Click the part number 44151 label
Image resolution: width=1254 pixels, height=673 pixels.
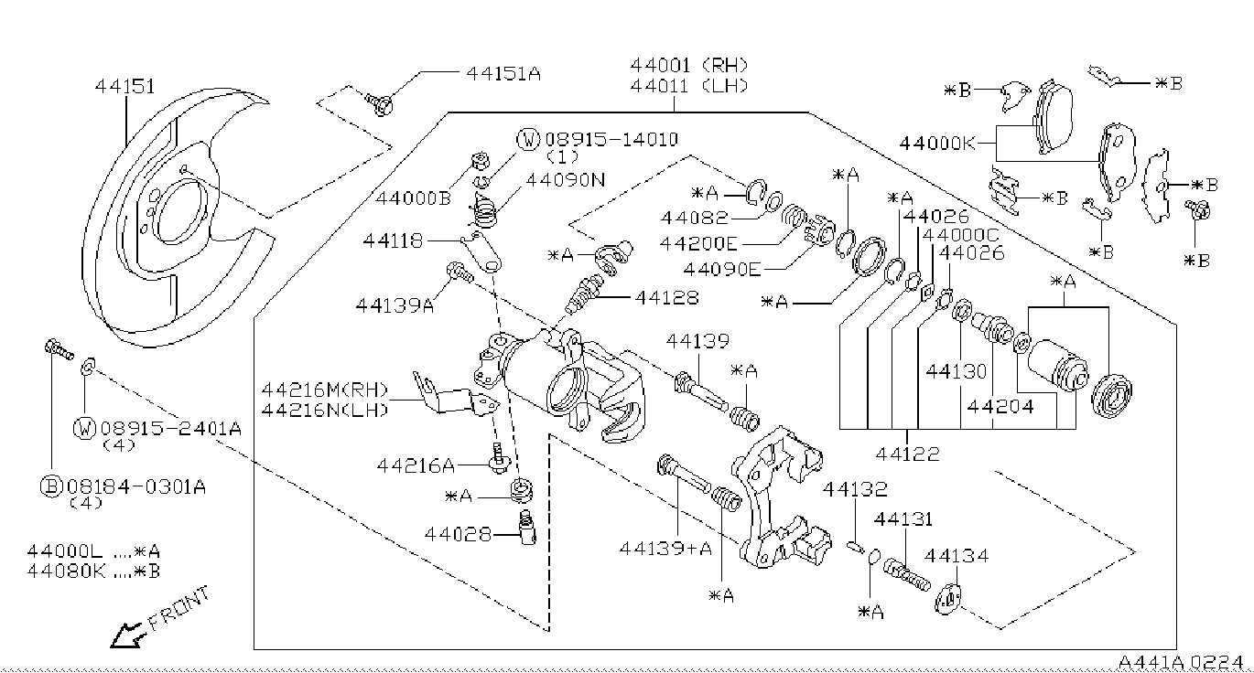coord(124,86)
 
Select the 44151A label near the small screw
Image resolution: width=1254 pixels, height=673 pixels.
coord(503,73)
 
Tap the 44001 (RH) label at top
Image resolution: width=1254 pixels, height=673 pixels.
coord(689,66)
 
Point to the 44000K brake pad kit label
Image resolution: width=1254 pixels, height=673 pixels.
coord(937,144)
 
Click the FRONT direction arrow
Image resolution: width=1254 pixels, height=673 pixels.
coord(127,635)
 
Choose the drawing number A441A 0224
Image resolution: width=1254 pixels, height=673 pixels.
coord(1180,662)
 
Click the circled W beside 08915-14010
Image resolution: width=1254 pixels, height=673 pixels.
coord(528,139)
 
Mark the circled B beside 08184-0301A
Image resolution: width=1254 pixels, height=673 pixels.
coord(51,486)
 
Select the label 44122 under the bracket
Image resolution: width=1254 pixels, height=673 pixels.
coord(907,454)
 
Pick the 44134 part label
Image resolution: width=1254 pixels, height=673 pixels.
coord(957,556)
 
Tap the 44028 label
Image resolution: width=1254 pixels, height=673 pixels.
coord(458,534)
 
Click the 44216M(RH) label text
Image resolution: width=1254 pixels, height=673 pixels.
coord(325,390)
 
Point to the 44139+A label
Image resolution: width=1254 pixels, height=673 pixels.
coord(665,549)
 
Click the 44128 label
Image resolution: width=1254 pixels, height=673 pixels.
coord(666,297)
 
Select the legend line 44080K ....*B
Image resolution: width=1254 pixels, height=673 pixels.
coord(93,572)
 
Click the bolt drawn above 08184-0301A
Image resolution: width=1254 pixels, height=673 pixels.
coord(59,349)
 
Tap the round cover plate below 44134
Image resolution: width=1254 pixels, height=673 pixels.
coord(948,600)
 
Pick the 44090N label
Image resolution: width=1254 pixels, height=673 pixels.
coord(566,179)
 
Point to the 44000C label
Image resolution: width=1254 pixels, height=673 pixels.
coord(960,234)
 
